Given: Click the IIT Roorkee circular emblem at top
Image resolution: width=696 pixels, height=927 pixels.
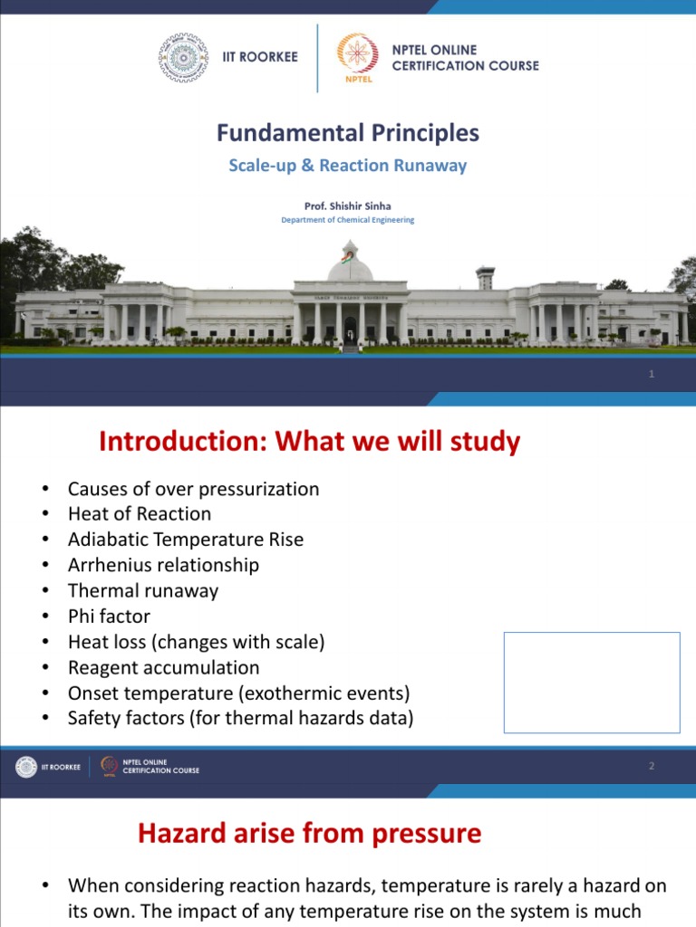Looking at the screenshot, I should coord(183,57).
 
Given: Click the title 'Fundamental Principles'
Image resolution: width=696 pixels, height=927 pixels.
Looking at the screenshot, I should coord(347,133).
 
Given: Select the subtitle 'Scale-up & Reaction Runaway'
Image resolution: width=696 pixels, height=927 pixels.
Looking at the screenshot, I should coord(347,166).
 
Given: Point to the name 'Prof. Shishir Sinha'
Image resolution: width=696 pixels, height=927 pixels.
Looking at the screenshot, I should coord(347,205).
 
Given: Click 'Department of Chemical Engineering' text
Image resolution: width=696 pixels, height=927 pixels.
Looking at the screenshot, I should coord(347,220).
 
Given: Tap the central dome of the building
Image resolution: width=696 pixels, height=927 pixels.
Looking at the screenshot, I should coord(350,266).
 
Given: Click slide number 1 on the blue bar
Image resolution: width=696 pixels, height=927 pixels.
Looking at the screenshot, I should coord(652,375).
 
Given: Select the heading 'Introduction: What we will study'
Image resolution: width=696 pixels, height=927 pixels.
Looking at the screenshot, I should coord(309,442).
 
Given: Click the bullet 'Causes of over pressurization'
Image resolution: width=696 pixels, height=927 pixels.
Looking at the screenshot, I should coord(193,489).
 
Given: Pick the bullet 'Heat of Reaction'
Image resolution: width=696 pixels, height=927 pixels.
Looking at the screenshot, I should coord(139,514).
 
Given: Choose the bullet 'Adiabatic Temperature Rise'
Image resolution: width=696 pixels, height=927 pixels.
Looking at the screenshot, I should coord(185,540).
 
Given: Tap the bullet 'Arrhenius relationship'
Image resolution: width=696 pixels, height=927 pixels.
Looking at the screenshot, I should coord(163,565).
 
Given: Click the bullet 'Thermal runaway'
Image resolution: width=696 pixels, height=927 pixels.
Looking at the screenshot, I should coord(142,590).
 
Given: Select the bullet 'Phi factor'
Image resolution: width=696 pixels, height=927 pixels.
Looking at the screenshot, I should coord(109,616).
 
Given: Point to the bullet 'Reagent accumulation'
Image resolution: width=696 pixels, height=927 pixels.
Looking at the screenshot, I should coord(163,667).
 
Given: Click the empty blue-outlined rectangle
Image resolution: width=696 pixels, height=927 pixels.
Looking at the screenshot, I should coord(591,682).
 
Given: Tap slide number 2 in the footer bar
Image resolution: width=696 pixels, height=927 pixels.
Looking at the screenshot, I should coord(652,767).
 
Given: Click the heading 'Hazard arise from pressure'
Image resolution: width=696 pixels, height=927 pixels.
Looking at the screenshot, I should coord(309,833).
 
